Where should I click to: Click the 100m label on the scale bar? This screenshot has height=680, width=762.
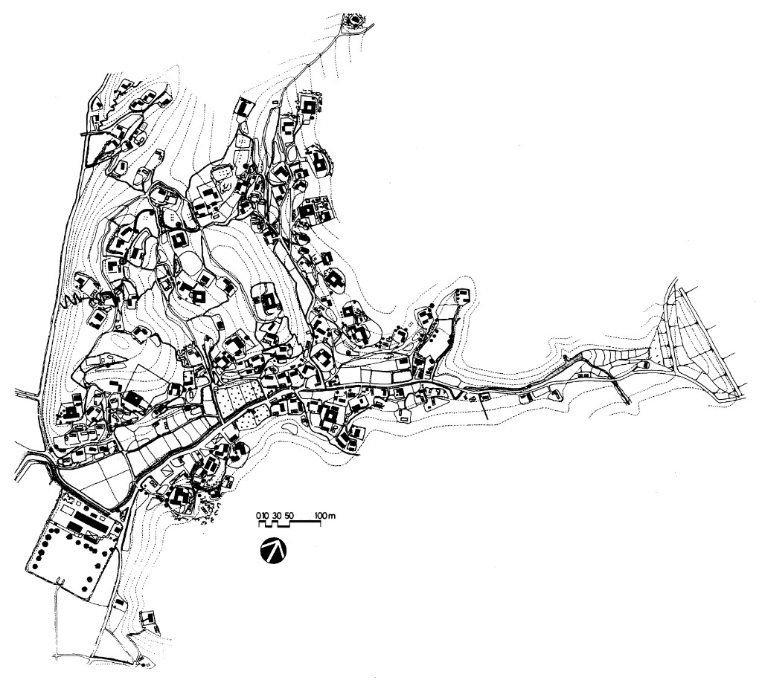(325, 515)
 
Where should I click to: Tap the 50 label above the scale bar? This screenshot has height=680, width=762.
(289, 515)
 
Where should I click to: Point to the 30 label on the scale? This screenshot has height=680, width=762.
(277, 515)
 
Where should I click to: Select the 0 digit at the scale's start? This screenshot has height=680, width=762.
(258, 515)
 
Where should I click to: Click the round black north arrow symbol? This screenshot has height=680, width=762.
(273, 551)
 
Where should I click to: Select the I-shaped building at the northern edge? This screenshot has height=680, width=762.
(244, 107)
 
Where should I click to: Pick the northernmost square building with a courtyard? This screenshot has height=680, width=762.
(308, 106)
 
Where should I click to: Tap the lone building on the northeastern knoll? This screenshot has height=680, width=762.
(462, 294)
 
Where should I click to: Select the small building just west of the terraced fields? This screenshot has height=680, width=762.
(646, 364)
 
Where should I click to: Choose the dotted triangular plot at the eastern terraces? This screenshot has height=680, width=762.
(661, 340)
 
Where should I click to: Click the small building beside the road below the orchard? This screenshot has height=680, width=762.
(119, 603)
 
